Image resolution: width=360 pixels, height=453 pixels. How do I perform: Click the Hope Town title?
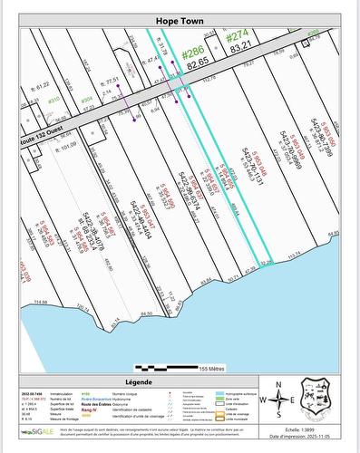click(180, 19)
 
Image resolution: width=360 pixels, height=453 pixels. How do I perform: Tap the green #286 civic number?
click(193, 53)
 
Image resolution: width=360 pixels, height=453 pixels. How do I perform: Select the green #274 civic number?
click(238, 36)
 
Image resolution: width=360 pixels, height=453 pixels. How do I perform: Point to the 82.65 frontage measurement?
click(197, 66)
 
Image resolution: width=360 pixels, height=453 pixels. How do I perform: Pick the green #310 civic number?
click(53, 99)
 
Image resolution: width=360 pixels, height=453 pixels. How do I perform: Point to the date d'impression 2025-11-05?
click(308, 439)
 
